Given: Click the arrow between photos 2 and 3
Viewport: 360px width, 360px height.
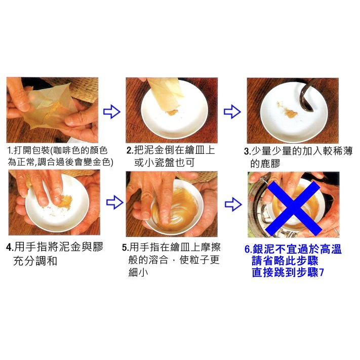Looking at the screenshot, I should (231, 111).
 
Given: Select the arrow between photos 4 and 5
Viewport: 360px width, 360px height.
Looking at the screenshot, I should (112, 203).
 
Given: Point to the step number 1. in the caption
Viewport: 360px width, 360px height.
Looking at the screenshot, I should (10, 151).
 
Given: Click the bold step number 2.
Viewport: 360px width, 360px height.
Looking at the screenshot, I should (130, 151).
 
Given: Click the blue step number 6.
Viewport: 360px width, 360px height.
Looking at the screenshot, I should (248, 250).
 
